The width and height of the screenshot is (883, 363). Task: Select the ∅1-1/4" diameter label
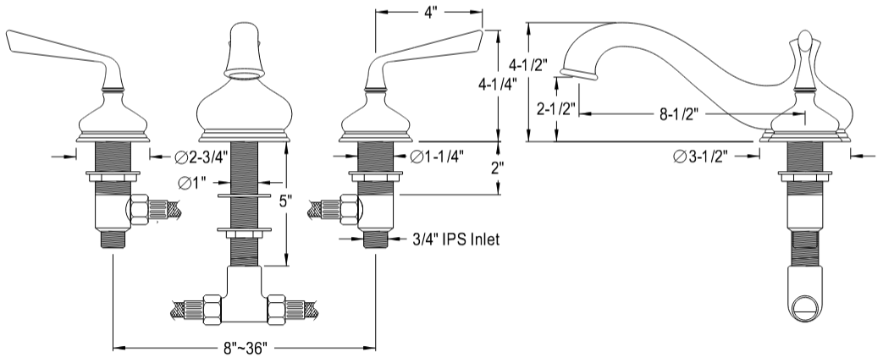pos(437,156)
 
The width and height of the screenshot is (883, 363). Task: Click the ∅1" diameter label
pos(193,181)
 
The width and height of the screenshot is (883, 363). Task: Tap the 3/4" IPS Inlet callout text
pos(456,239)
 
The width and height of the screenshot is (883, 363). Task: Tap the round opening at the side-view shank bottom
pos(806,302)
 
